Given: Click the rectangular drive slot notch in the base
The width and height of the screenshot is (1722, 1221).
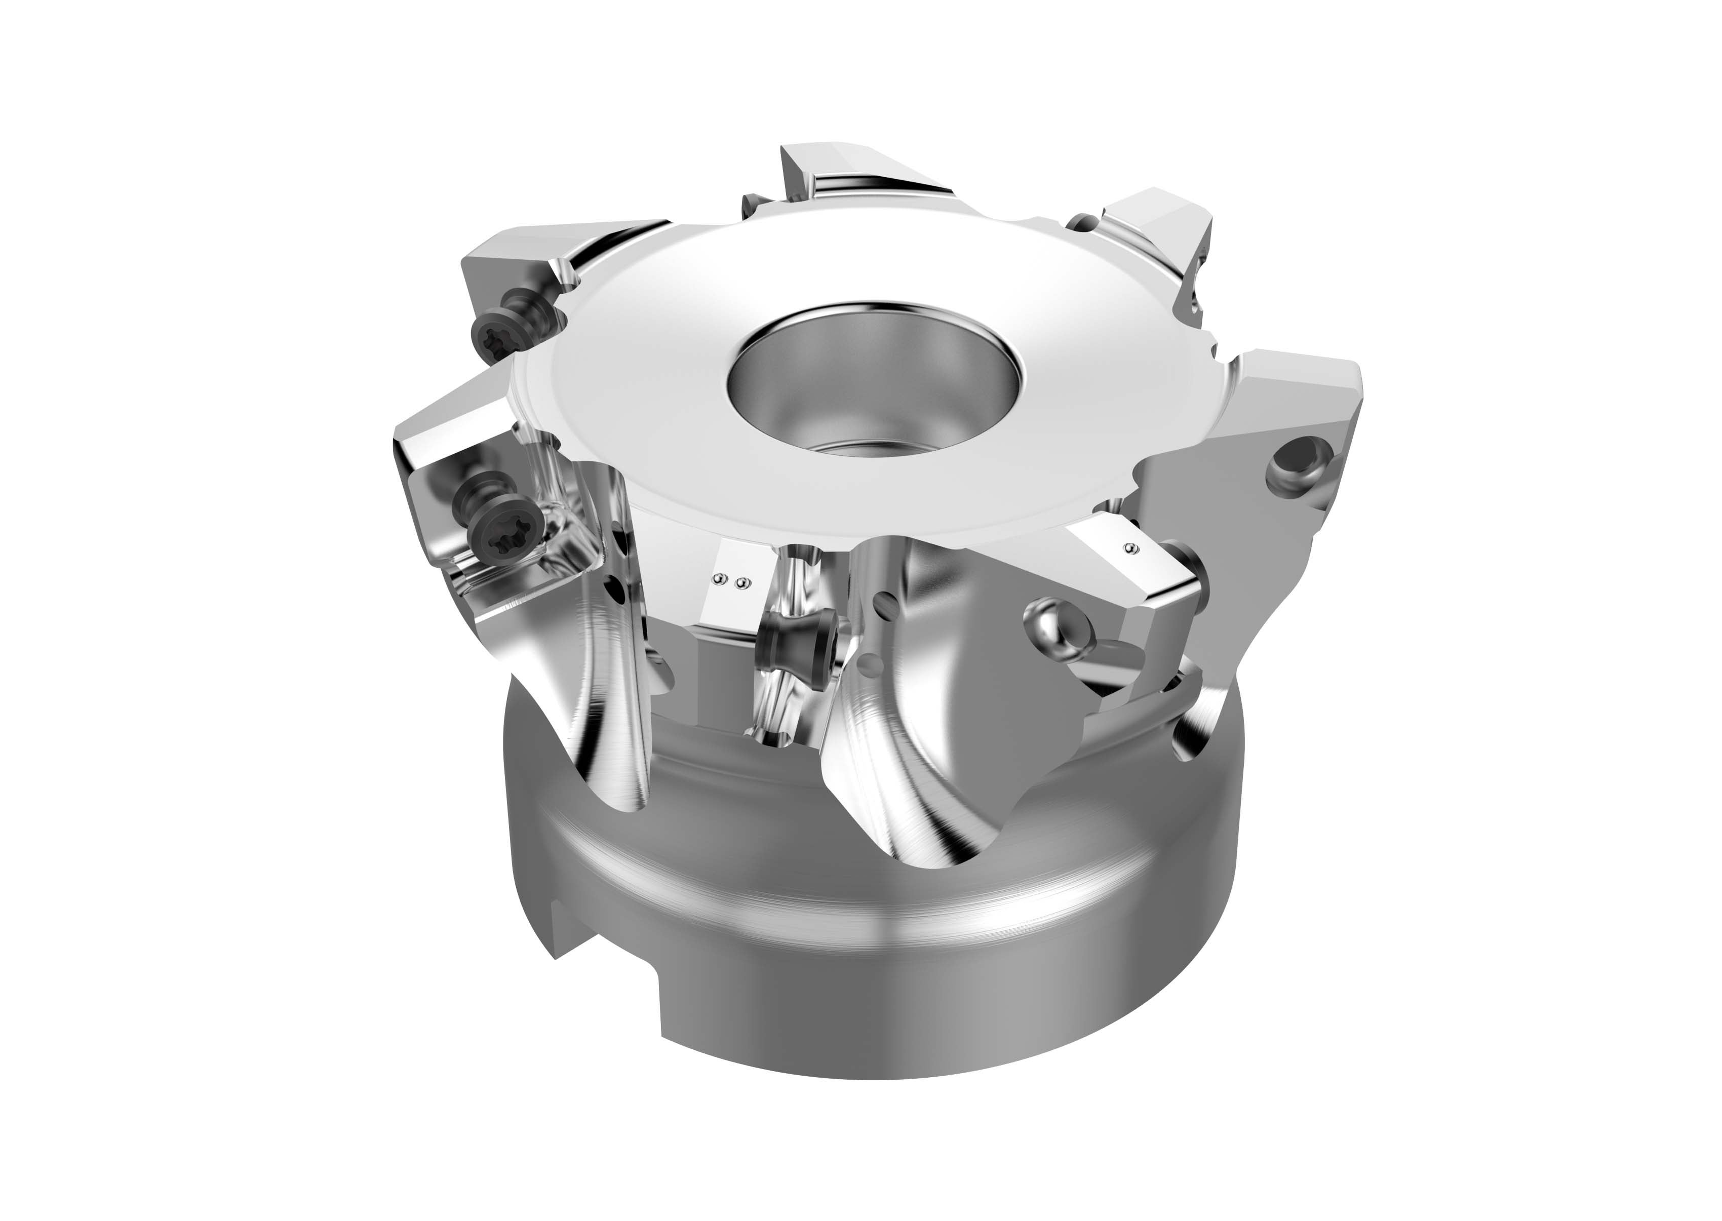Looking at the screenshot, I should (x=608, y=977).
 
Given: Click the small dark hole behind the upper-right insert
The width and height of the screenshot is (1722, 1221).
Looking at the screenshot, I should (x=1083, y=222).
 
